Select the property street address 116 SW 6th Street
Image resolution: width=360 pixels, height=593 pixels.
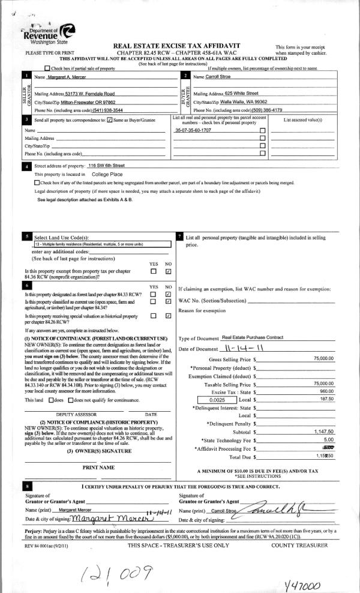tap(106, 165)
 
